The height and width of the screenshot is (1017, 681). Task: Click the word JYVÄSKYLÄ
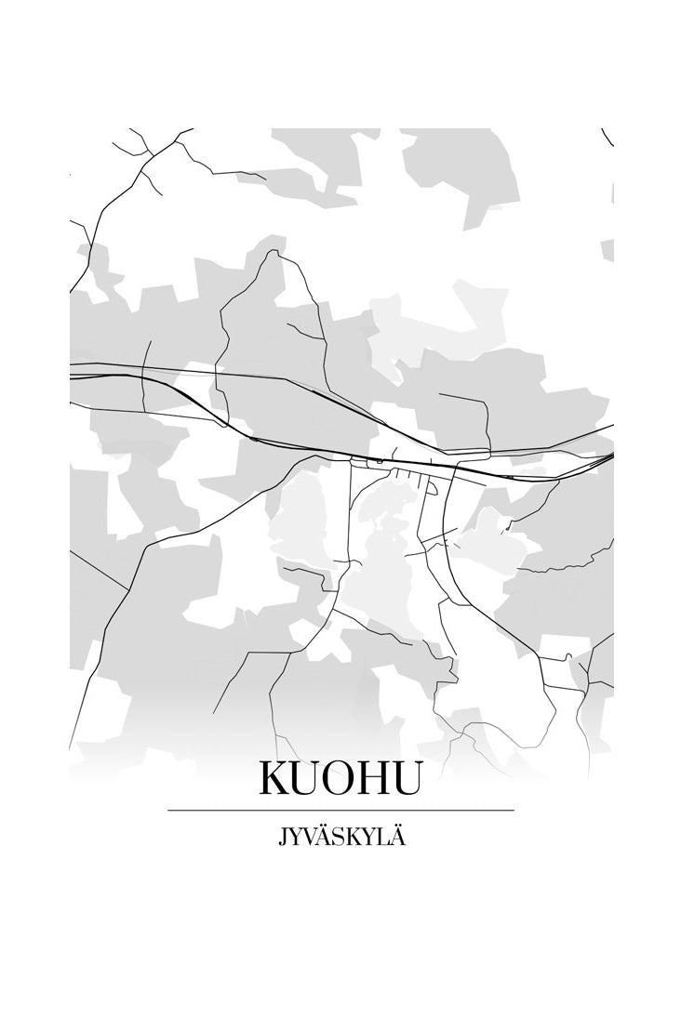pos(340,838)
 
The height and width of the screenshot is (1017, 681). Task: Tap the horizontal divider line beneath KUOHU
pos(340,811)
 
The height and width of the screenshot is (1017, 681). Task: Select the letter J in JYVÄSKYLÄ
pos(281,839)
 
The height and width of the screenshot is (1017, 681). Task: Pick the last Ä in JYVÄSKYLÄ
pos(399,838)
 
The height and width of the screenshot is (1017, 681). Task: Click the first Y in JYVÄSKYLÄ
pos(295,839)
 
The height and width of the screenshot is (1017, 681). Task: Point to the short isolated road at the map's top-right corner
pos(608,138)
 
